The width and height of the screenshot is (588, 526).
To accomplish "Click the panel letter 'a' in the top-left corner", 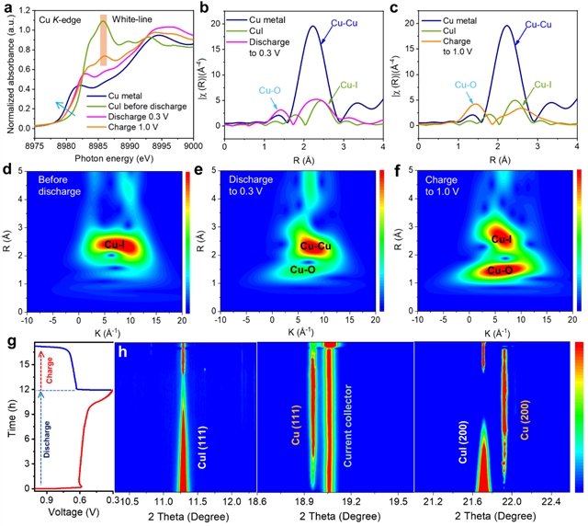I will (x=7, y=8).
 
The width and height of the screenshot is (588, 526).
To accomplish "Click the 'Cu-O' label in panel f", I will (x=502, y=270).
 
